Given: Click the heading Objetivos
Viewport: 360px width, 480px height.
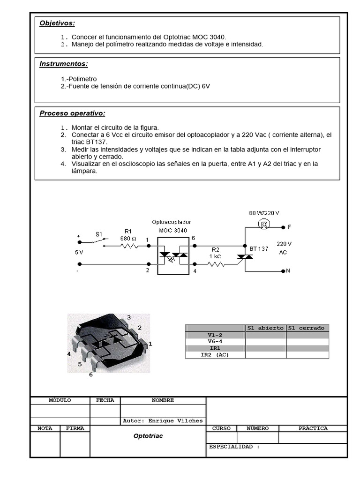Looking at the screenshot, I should coord(57,23).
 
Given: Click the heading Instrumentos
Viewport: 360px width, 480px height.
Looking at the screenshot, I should coord(64,64).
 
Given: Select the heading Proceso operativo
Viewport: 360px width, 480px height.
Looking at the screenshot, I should coord(72,113).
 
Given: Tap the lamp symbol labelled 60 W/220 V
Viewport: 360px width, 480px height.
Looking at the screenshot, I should coord(264,225).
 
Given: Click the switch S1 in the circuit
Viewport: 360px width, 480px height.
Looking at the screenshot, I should coord(98,241).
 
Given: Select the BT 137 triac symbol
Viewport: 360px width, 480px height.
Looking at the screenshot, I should coord(245,257).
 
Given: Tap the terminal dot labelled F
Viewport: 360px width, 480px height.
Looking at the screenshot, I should coord(283,227).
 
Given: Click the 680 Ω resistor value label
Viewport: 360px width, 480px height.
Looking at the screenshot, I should coord(128,238).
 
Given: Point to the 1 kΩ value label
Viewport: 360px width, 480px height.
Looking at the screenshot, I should coord(216,256).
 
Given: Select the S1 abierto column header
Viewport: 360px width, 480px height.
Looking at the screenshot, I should coord(265,328).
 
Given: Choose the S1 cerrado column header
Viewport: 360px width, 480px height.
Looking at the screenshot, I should coord(307,328).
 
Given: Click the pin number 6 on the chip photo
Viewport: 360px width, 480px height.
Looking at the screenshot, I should coord(90,375).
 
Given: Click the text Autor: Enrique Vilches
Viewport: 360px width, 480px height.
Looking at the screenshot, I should coord(163,420).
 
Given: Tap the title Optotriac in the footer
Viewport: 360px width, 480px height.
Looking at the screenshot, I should coord(148,436).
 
